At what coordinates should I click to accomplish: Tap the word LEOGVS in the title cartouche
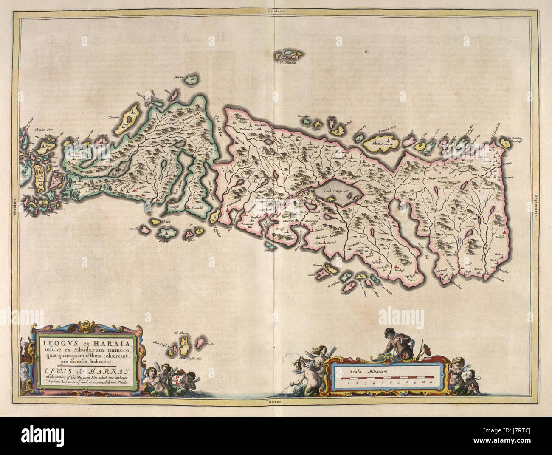(x=54, y=341)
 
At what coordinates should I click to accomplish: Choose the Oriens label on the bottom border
(x=276, y=401)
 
